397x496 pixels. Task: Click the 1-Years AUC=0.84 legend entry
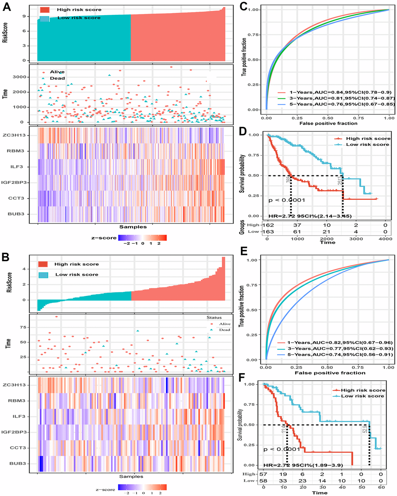(336, 92)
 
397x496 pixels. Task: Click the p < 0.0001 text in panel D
(286, 200)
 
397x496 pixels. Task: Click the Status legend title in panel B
(214, 318)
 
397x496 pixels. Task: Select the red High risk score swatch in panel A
(45, 9)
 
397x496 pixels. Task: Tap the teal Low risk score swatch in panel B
(43, 274)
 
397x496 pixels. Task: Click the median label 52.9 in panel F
(365, 428)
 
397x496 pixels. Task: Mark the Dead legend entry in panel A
(57, 78)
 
